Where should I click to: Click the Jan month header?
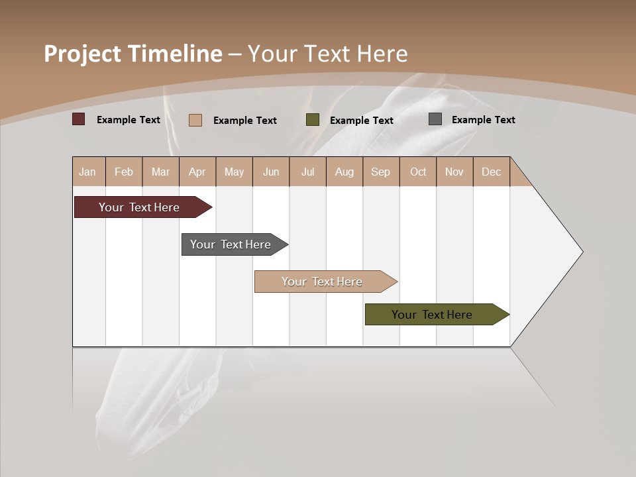[x=88, y=172]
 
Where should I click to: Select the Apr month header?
[x=197, y=172]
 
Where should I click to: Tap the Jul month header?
[x=307, y=172]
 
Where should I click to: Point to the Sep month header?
[x=380, y=172]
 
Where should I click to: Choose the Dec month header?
[x=491, y=172]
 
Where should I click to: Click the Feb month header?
[x=124, y=172]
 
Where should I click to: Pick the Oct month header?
[x=418, y=172]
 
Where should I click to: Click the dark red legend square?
[x=79, y=119]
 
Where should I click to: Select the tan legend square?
[x=195, y=120]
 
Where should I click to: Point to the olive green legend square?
[x=313, y=120]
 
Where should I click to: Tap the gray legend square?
[x=435, y=119]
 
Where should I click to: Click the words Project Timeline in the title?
[x=132, y=54]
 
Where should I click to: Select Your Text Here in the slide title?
[x=327, y=54]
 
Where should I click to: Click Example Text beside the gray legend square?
[x=483, y=119]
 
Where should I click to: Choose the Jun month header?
[x=270, y=172]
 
